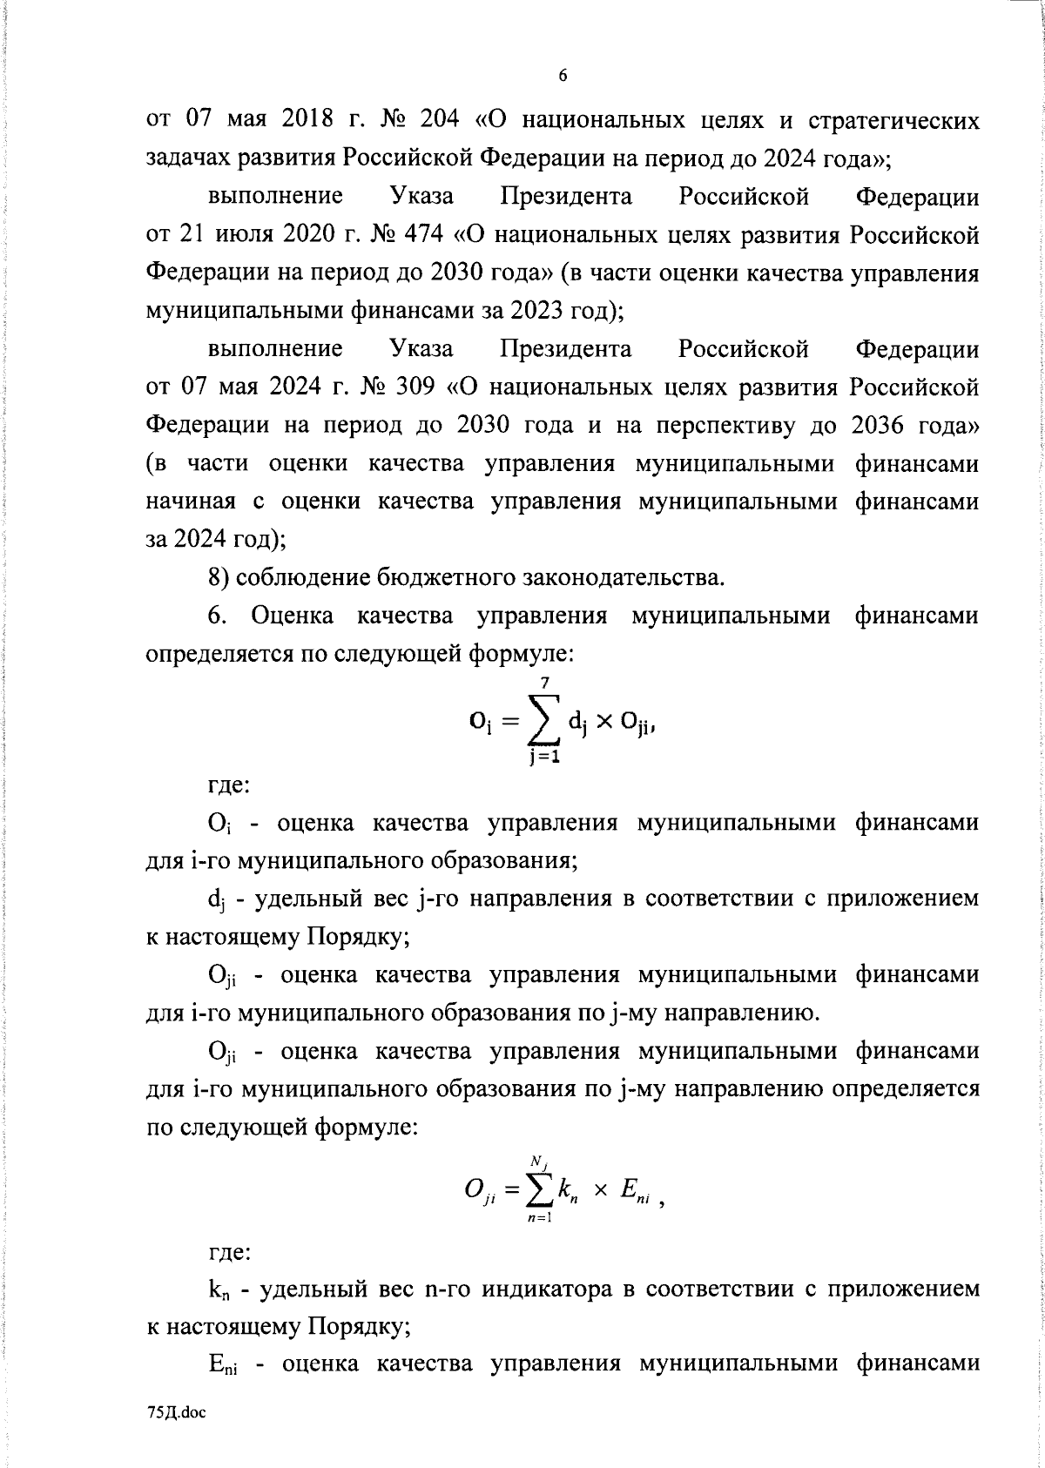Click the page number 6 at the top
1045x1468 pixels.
click(563, 77)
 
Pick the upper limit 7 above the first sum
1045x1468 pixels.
click(544, 685)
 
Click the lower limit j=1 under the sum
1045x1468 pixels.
click(544, 757)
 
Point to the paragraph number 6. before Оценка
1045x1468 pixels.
click(218, 616)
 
